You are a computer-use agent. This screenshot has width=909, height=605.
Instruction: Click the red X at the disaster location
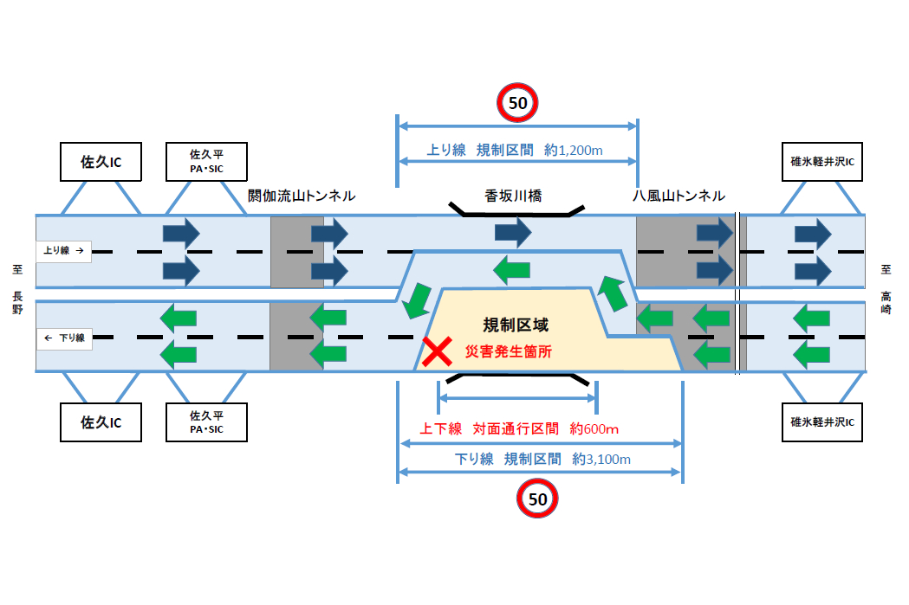[435, 351]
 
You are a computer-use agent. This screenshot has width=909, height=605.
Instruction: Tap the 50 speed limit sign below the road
[537, 499]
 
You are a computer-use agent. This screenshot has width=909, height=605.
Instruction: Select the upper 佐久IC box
[101, 161]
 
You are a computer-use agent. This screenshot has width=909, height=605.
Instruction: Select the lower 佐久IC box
[101, 422]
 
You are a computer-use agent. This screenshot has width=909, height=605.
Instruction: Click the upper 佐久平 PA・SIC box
[206, 161]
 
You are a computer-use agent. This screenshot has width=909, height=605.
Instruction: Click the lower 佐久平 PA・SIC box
[206, 422]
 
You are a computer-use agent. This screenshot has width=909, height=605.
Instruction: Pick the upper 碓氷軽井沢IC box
[822, 162]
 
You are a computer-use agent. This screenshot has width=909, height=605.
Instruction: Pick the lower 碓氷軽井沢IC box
[822, 422]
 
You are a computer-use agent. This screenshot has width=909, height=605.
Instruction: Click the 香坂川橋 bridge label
[513, 196]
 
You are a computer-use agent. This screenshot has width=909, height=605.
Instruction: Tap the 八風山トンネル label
[679, 196]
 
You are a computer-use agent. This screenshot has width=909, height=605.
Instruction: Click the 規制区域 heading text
[516, 325]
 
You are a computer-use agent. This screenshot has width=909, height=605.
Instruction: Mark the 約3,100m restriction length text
[601, 460]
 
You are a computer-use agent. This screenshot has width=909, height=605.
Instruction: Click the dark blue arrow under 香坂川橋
[512, 232]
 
